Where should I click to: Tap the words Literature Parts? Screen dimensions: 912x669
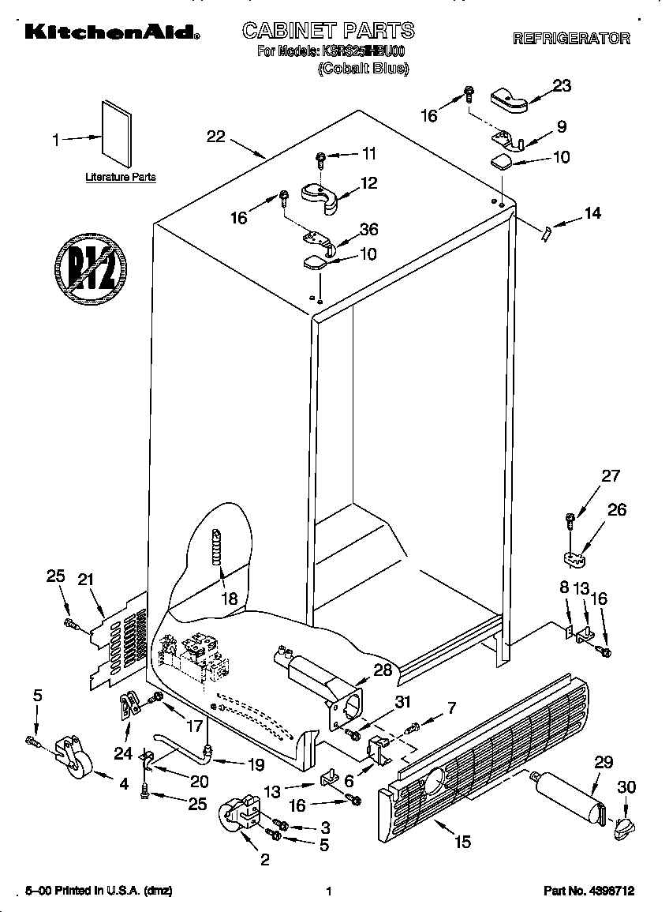tap(121, 178)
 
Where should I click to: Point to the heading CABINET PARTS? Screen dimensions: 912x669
tap(327, 31)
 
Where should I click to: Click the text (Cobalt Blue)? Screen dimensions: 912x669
tap(363, 69)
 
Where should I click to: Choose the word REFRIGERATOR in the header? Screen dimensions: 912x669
tap(571, 38)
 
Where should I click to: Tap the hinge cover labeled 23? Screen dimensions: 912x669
tap(510, 99)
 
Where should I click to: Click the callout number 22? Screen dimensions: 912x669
tap(215, 137)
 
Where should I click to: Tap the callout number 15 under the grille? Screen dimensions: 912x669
tap(462, 843)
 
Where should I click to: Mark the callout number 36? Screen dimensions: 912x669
tap(368, 230)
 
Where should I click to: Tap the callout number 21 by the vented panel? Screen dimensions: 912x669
tap(85, 580)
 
